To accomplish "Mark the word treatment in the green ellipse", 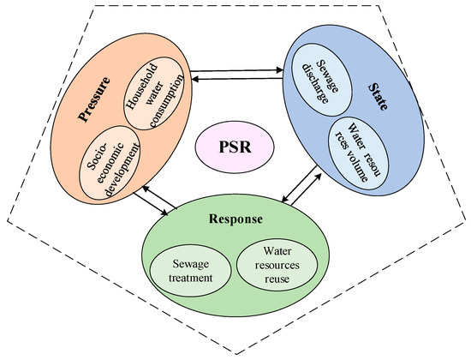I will pos(192,280).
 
